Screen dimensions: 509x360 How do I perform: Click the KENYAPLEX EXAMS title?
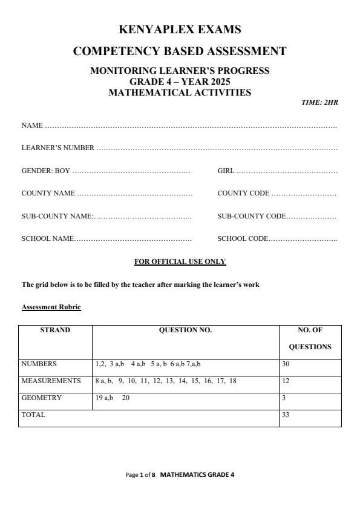180,29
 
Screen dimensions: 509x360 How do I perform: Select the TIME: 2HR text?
319,102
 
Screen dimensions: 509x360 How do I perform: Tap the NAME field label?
32,125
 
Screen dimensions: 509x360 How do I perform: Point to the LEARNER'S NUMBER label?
57,148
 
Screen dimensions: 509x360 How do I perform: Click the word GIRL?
226,171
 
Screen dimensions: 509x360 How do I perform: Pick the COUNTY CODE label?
243,193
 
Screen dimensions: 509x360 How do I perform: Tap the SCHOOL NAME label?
47,238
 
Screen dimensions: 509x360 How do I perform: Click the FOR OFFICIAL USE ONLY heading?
180,261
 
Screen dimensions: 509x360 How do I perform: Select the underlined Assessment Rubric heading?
51,307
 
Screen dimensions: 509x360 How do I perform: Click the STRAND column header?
55,330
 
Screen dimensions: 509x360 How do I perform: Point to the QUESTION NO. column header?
185,330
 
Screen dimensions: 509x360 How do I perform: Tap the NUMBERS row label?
39,364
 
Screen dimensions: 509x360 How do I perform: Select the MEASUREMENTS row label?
51,381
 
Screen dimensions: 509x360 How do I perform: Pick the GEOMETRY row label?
41,398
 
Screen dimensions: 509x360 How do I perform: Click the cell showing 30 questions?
286,364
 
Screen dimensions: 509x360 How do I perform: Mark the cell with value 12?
286,381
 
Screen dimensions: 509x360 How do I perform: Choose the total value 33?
286,415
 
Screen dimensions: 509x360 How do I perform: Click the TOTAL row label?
33,415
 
